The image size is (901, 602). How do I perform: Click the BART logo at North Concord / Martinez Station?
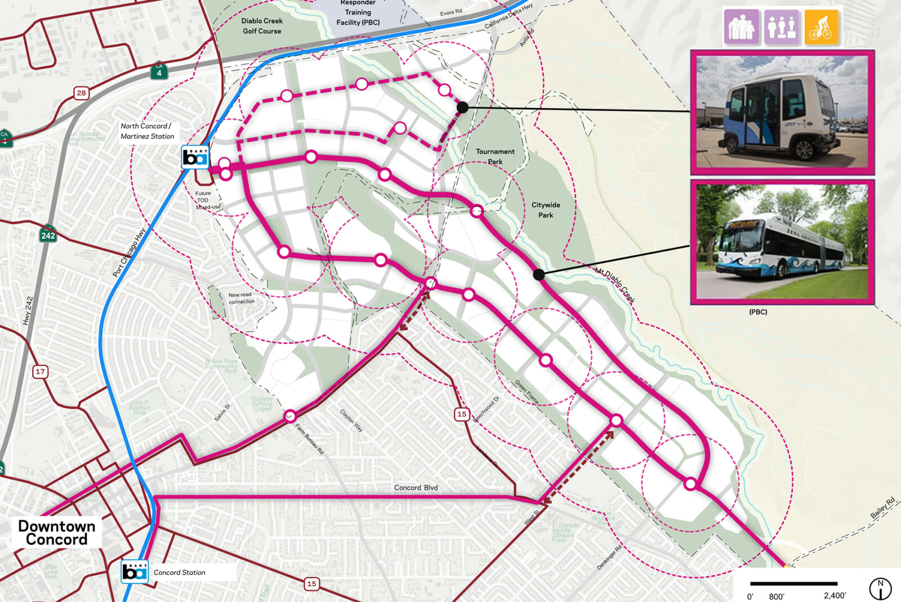[195, 157]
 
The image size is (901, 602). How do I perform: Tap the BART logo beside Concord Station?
[135, 572]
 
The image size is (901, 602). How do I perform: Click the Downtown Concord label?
[56, 532]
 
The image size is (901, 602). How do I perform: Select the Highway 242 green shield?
[48, 235]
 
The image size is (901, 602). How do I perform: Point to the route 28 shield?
[82, 93]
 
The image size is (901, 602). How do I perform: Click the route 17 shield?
[40, 372]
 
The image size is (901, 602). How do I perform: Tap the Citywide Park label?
[545, 209]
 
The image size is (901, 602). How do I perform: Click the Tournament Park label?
[495, 156]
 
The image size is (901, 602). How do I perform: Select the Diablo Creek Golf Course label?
[262, 26]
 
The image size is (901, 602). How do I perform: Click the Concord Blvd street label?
[416, 488]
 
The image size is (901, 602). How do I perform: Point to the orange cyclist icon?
[820, 27]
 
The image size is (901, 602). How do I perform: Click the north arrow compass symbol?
[880, 588]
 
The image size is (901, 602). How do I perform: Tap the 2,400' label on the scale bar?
[835, 595]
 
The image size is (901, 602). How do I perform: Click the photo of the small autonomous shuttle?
[782, 112]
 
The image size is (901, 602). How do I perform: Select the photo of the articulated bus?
[782, 242]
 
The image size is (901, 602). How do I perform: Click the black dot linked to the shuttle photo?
[462, 107]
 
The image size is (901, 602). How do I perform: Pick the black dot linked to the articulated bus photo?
[539, 274]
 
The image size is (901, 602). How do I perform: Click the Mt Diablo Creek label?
[614, 286]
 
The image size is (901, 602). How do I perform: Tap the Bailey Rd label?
[882, 508]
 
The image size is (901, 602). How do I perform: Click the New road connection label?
[241, 298]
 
